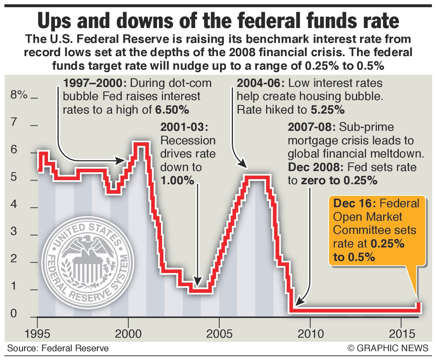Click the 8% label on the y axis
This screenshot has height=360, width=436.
click(19, 95)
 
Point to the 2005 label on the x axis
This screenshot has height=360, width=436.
click(219, 334)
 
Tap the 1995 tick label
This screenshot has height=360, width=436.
click(37, 334)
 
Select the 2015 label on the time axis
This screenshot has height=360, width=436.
click(401, 334)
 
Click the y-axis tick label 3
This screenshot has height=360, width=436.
click(14, 232)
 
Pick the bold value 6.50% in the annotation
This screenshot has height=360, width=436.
click(172, 110)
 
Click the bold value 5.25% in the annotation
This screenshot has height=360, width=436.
click(327, 110)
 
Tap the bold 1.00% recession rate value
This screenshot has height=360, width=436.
click(177, 181)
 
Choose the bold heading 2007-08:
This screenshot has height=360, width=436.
click(312, 127)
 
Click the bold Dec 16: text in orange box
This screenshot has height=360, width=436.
click(354, 203)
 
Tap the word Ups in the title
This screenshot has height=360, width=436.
click(55, 21)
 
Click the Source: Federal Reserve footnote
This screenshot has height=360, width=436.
click(58, 349)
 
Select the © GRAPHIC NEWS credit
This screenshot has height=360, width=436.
click(388, 349)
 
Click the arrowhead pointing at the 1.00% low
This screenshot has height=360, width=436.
click(198, 281)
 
